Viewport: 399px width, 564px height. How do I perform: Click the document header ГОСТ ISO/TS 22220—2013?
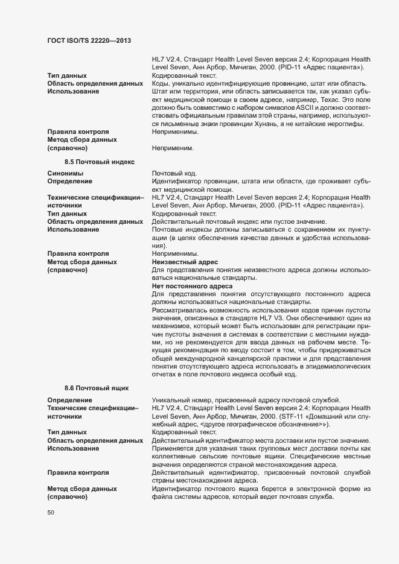pyautogui.click(x=89, y=40)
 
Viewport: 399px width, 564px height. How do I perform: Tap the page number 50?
pyautogui.click(x=51, y=513)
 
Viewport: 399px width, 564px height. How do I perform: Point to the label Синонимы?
pyautogui.click(x=66, y=174)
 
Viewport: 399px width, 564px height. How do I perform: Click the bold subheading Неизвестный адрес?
pyautogui.click(x=185, y=262)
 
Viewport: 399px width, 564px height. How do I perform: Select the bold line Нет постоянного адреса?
pyautogui.click(x=193, y=286)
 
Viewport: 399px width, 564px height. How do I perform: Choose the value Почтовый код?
pyautogui.click(x=175, y=174)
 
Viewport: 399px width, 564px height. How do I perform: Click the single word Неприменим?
pyautogui.click(x=174, y=147)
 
